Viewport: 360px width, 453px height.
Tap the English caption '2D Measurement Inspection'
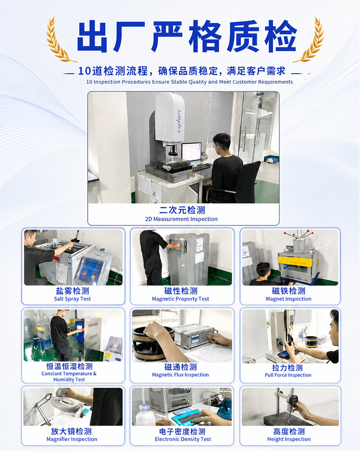point(181,219)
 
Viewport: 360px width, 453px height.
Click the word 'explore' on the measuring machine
point(179,121)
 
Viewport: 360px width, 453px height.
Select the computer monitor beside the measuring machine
point(191,152)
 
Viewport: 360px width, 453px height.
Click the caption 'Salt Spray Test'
point(72,299)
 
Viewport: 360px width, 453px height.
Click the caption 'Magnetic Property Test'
point(180,299)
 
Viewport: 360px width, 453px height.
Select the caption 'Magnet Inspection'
point(288,299)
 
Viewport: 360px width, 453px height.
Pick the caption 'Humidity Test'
point(69,379)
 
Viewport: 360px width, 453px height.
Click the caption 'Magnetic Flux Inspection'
point(180,375)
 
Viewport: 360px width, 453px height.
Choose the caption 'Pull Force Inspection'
point(288,375)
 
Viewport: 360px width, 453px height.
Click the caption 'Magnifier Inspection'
point(72,439)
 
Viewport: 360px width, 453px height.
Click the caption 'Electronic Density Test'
point(183,439)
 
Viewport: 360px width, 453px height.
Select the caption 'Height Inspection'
point(289,439)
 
